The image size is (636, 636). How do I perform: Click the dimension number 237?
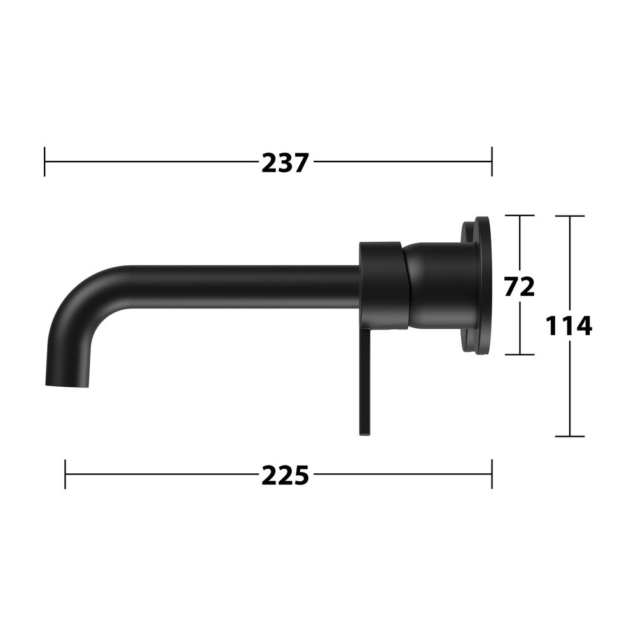click(x=285, y=163)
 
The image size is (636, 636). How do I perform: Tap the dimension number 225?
click(x=285, y=475)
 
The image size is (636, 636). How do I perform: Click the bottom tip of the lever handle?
click(x=364, y=434)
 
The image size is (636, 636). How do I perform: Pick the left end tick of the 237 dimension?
click(x=45, y=162)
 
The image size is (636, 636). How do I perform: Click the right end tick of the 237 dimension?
click(x=492, y=162)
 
